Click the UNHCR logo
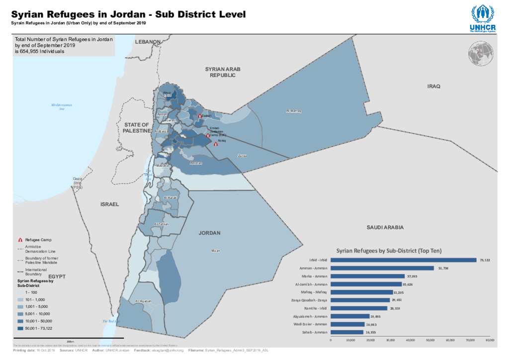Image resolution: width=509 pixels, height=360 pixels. [x=481, y=18]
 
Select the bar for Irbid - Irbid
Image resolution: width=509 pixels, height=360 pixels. [x=403, y=260]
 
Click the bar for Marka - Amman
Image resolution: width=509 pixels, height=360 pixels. [x=367, y=276]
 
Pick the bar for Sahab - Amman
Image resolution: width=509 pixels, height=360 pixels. [x=346, y=332]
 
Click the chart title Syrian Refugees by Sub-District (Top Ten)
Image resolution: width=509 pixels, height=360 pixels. [x=389, y=251]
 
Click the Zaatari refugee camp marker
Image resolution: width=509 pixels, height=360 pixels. [x=200, y=116]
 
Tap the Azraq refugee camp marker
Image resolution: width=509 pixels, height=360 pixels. [x=215, y=144]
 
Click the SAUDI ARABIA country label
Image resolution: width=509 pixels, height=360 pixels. [x=385, y=227]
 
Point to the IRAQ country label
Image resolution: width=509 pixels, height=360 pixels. [x=433, y=87]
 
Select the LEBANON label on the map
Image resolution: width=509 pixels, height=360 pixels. [x=148, y=42]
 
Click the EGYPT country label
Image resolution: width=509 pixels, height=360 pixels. [x=57, y=276]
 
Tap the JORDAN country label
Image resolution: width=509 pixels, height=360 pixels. [x=209, y=233]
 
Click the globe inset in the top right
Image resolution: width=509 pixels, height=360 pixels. [x=479, y=51]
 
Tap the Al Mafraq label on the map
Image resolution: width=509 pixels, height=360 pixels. [x=294, y=111]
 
